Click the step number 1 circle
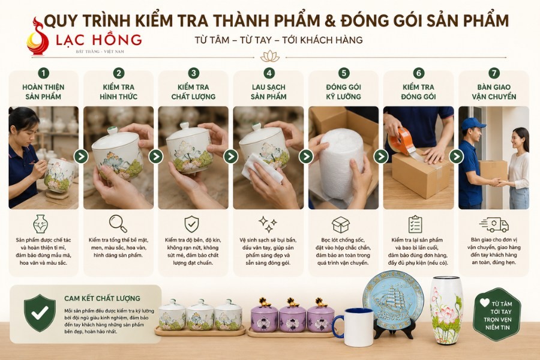43,73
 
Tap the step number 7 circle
494,73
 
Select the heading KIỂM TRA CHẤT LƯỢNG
193,92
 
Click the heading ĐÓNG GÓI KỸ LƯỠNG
343,92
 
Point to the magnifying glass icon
118,224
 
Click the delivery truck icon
494,224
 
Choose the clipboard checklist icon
415,224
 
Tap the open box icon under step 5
341,224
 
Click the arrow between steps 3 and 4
231,157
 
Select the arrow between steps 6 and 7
457,157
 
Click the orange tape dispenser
401,141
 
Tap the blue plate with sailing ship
393,300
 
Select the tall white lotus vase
446,311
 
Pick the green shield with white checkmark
40,313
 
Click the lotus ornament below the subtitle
270,56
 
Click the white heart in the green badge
485,302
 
